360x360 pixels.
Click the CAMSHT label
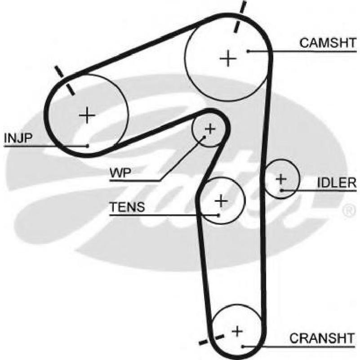tap(328, 43)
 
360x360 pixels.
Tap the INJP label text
tap(18, 138)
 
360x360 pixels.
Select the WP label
tap(120, 173)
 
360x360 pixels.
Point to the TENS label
tap(127, 207)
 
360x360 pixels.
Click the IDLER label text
tap(337, 183)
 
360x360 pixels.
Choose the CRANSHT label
tap(322, 338)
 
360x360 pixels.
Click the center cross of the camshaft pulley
tap(228, 58)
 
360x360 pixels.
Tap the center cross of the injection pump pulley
tap(87, 115)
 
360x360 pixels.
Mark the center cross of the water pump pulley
tap(210, 129)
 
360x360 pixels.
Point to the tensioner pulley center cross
tap(221, 201)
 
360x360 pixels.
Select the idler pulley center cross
tap(281, 179)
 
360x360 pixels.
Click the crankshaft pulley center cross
tap(237, 331)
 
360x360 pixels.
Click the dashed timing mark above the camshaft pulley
tap(240, 17)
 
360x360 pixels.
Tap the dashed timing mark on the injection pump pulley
tap(65, 80)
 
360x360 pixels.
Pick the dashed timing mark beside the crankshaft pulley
tap(211, 340)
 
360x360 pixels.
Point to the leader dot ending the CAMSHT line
tap(248, 51)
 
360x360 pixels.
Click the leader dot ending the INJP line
tap(88, 146)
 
